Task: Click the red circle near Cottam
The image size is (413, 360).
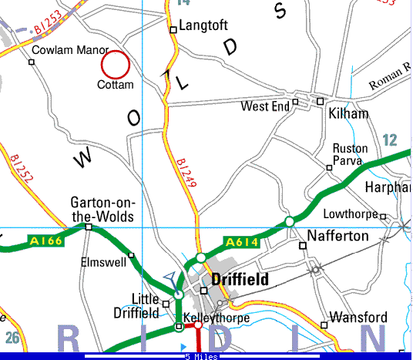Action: (x=116, y=64)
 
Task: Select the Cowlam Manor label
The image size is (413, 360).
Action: (x=70, y=51)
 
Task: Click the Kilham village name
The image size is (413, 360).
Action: (x=348, y=114)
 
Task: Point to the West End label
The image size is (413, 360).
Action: (x=265, y=106)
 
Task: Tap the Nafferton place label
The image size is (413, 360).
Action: (x=338, y=236)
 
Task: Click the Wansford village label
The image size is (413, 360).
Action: (x=356, y=317)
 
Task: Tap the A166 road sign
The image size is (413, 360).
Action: (x=45, y=241)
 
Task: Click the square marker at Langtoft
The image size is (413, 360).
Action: (x=173, y=31)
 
